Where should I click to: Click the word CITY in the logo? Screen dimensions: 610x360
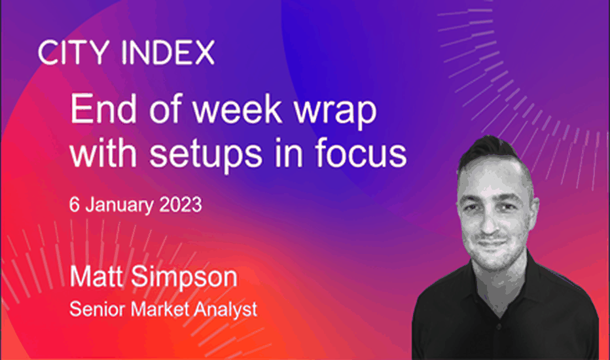tap(74, 52)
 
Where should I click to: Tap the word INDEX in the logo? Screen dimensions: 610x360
tap(168, 52)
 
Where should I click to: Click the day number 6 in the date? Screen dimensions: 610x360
tap(75, 205)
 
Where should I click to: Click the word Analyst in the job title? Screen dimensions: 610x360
tap(226, 310)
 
